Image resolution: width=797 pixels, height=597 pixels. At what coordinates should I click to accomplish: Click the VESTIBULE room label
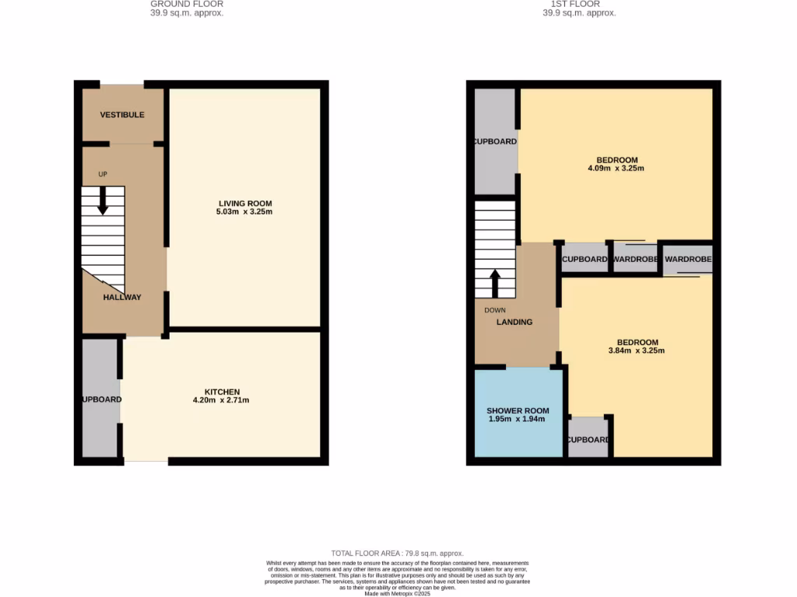click(x=122, y=115)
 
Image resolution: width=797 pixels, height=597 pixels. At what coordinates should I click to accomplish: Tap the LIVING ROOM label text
click(x=245, y=204)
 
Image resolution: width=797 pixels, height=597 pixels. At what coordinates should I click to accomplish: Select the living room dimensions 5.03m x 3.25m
click(x=245, y=211)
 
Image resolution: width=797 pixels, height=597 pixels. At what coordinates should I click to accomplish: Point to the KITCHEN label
click(x=222, y=392)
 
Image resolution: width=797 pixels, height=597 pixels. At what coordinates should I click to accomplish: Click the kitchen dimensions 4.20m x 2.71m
click(x=221, y=400)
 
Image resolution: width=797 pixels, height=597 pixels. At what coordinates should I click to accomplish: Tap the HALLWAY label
click(x=123, y=297)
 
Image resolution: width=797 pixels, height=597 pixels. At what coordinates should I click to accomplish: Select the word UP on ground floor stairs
click(x=103, y=174)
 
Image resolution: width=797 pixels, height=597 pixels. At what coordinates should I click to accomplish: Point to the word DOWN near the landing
click(x=495, y=310)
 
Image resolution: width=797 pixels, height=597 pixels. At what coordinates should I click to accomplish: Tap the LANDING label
click(x=515, y=322)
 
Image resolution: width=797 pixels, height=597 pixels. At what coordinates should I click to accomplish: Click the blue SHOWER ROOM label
click(x=518, y=410)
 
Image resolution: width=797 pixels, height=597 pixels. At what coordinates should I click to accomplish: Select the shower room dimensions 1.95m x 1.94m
click(x=518, y=419)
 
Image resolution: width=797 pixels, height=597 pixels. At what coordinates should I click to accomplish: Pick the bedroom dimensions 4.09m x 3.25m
click(x=616, y=168)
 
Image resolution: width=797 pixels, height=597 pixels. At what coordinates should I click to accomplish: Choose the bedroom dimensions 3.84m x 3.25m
click(x=637, y=351)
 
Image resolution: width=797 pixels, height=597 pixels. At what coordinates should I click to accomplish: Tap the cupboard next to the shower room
click(x=588, y=439)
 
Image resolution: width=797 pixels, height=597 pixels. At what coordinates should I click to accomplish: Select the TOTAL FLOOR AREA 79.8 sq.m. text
click(x=398, y=552)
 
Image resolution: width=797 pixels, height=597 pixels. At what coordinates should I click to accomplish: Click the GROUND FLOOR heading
click(x=187, y=4)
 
